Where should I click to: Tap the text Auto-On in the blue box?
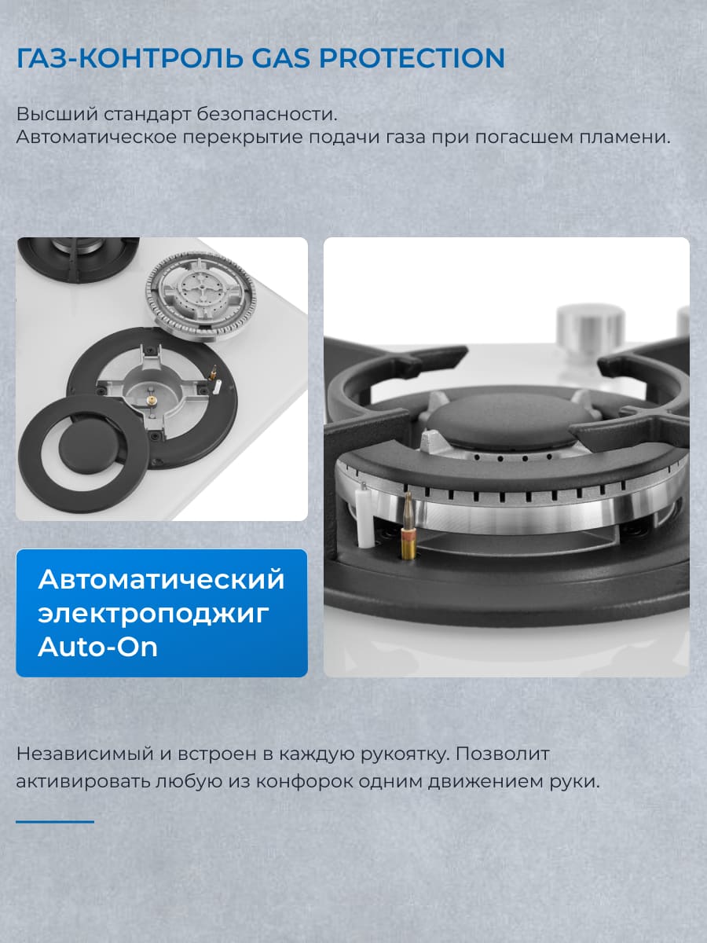coord(98,647)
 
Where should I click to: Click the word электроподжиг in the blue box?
coord(153,613)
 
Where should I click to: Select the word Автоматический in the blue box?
coord(161,579)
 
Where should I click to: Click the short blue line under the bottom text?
coord(55,821)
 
